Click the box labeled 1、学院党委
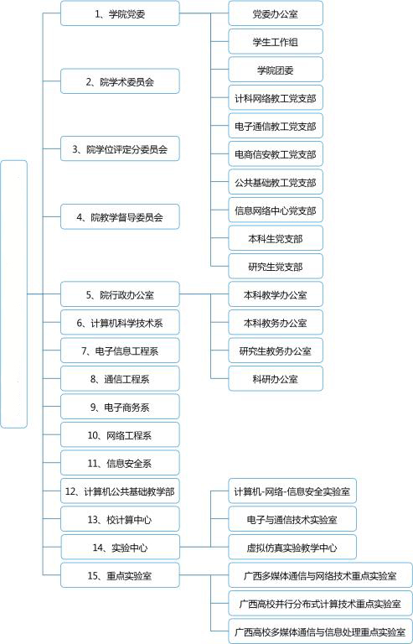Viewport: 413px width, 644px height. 120,13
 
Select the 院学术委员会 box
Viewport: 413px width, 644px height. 120,81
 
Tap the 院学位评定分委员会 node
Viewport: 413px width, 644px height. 120,148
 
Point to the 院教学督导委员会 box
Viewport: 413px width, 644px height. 120,216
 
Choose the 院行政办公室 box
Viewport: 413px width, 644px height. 120,294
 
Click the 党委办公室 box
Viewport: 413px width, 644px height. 276,13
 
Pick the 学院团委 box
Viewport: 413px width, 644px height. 276,70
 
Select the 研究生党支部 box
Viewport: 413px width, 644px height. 276,266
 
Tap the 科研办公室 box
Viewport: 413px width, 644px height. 276,379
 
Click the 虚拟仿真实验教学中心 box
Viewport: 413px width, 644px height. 292,547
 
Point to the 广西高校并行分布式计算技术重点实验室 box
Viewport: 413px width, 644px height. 320,604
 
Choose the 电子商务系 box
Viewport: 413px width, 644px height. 120,407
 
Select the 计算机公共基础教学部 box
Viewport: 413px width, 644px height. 120,491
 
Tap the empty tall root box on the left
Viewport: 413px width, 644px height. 14,294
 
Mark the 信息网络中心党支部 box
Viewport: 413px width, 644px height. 276,210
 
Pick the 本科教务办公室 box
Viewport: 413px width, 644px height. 276,322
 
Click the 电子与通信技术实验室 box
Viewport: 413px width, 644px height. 292,519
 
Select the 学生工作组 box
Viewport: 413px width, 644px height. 276,41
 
